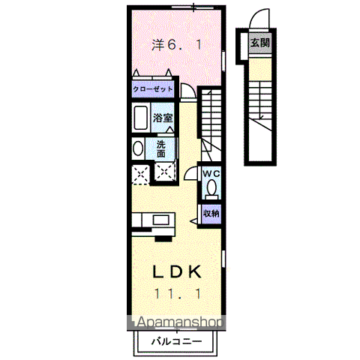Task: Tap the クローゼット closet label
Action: click(153, 89)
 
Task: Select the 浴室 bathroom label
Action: click(163, 118)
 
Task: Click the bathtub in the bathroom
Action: click(140, 118)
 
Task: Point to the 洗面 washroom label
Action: click(163, 148)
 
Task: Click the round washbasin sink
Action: click(137, 148)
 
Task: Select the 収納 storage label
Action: click(211, 213)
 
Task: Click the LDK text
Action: click(177, 271)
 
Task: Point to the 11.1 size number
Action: click(177, 293)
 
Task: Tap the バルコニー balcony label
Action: click(175, 340)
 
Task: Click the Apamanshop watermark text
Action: click(178, 324)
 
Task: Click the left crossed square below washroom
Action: click(138, 175)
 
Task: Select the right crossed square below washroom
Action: click(163, 172)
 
